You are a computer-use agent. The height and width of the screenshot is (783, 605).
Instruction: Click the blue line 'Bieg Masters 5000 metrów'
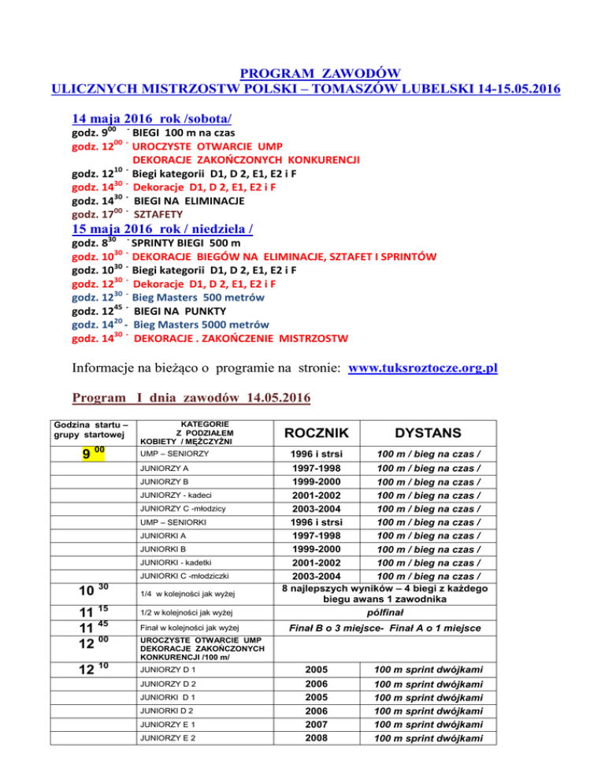(204, 325)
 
